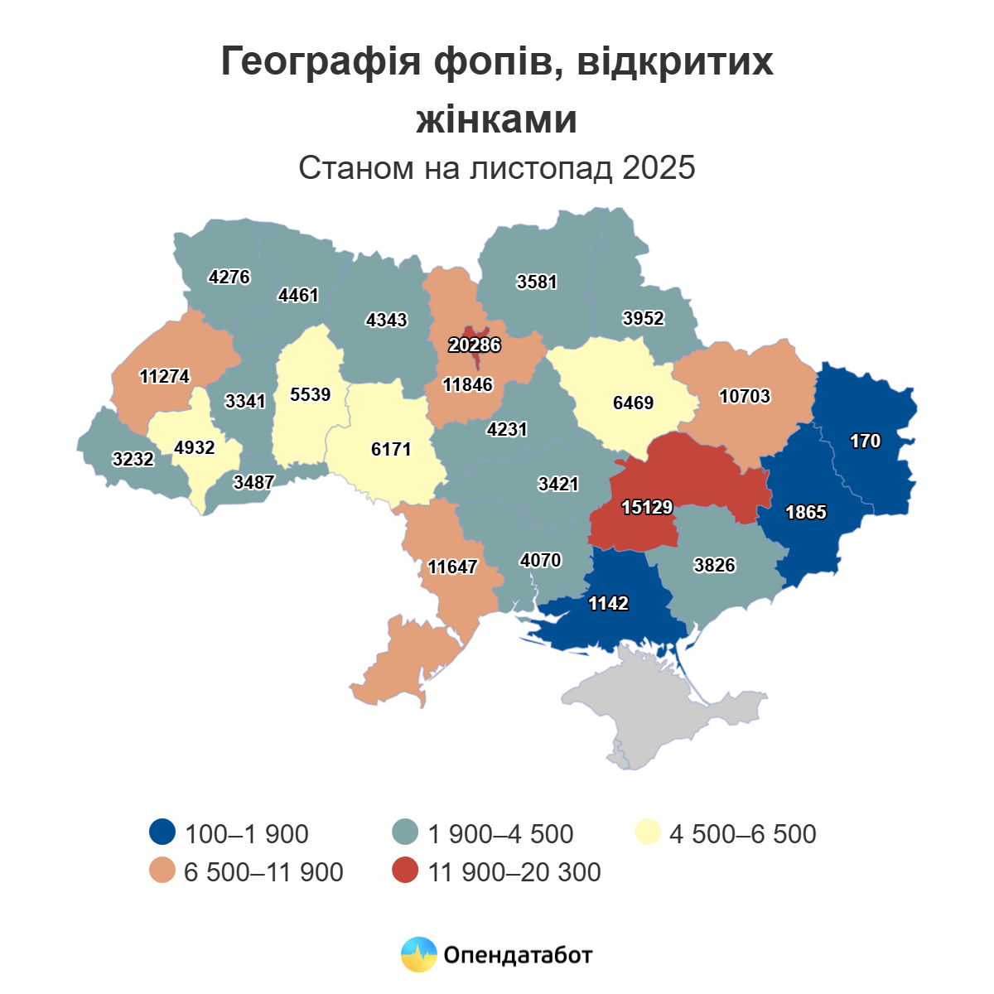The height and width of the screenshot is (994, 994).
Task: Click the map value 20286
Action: tap(475, 345)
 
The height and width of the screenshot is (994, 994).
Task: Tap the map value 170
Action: tap(865, 441)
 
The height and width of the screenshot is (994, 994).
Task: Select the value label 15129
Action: tap(647, 507)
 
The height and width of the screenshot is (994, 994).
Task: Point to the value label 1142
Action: tap(608, 603)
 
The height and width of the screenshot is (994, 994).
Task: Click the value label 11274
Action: tap(164, 377)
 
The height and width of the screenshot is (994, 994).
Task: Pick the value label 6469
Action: tap(633, 403)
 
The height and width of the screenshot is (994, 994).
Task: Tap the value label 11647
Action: tap(452, 567)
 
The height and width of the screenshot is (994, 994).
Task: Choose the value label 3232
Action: tap(133, 458)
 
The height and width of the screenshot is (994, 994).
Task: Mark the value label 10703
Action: tap(744, 396)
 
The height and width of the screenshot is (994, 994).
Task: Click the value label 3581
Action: tap(537, 282)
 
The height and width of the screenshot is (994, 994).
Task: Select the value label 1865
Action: tap(805, 512)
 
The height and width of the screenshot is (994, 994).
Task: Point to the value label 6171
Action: tap(391, 449)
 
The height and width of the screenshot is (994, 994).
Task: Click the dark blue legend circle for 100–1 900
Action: tap(162, 832)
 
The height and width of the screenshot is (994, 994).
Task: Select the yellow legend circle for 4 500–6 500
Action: tap(647, 832)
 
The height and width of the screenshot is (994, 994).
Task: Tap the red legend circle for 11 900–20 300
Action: tap(405, 871)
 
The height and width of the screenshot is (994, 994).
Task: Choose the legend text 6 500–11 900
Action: tap(263, 872)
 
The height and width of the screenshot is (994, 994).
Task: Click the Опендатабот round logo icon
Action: tap(418, 954)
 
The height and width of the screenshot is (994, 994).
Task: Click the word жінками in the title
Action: tap(496, 119)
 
